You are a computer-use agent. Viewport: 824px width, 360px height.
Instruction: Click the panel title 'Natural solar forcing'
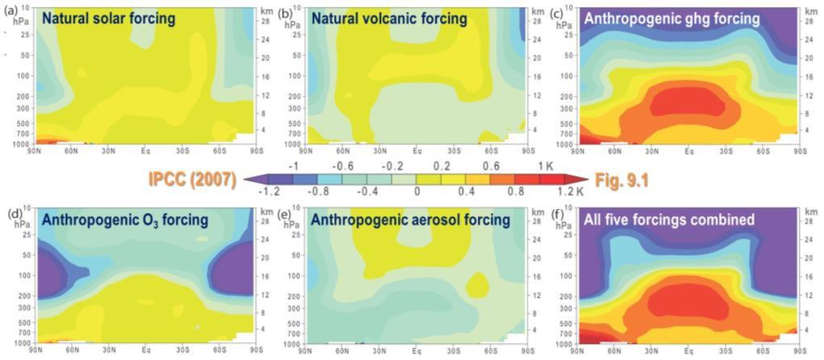pyautogui.click(x=108, y=18)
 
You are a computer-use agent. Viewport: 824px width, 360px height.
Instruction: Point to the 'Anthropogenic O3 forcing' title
pyautogui.click(x=124, y=220)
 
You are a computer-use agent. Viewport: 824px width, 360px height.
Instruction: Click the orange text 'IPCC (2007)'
pyautogui.click(x=191, y=180)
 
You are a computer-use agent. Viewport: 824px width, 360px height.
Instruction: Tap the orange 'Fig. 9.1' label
pyautogui.click(x=621, y=180)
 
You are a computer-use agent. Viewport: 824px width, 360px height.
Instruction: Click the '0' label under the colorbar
pyautogui.click(x=416, y=193)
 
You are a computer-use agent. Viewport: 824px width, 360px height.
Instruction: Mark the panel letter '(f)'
pyautogui.click(x=556, y=216)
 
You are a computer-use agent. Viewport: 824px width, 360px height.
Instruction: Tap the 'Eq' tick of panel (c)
pyautogui.click(x=688, y=150)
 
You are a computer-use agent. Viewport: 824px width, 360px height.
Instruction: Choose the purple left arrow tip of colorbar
pyautogui.click(x=245, y=179)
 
